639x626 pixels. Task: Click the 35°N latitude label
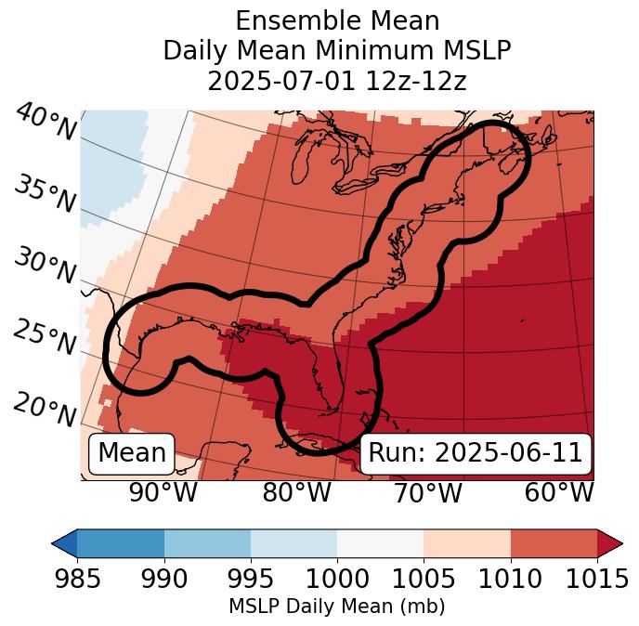pos(45,194)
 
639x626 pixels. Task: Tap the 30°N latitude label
pos(45,267)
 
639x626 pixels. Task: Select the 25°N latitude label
pos(45,338)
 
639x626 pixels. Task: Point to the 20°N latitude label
pos(45,409)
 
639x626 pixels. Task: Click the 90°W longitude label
pos(163,493)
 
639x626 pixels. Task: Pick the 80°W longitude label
pos(296,493)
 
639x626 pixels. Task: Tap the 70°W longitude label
pos(427,493)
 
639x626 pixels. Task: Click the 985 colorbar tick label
pos(77,579)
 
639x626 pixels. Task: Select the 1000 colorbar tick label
pos(337,579)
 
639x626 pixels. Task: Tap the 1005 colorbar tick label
pos(424,579)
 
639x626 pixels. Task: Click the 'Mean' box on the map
pos(132,453)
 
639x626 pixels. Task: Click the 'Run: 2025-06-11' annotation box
pos(475,453)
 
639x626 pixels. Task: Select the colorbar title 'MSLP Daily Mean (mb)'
pos(336,606)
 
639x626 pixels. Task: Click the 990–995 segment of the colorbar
pos(207,542)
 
